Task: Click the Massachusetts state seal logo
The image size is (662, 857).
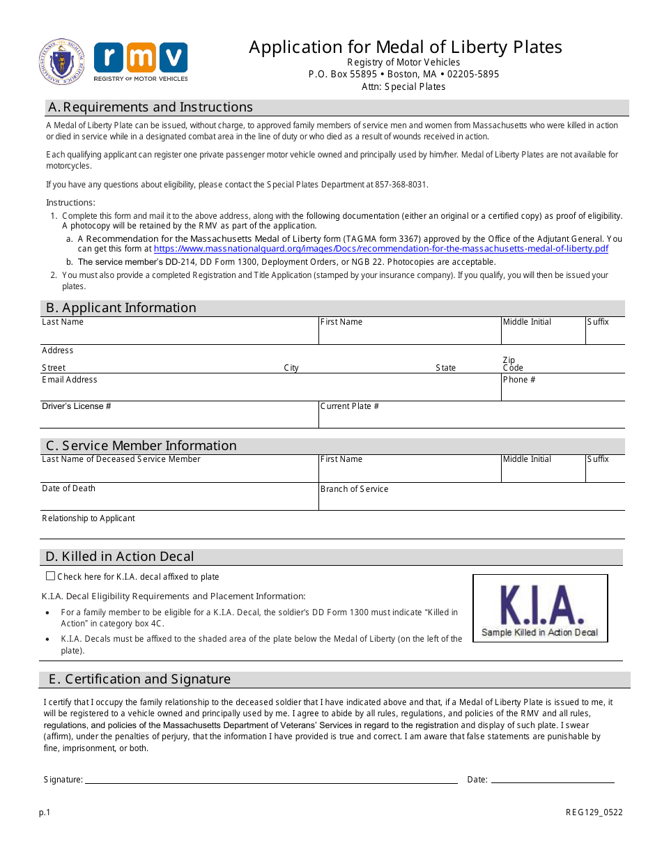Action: point(62,62)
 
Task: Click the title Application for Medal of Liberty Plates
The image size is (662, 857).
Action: point(405,47)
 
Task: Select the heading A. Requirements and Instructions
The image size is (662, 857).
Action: point(149,107)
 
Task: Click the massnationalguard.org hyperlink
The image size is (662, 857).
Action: point(380,249)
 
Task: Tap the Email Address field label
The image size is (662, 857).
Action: point(70,380)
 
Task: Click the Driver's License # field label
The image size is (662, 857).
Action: point(77,406)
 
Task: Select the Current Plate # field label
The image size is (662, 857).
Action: point(350,406)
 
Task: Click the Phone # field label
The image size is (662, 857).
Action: point(519,380)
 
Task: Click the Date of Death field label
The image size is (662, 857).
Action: point(68,488)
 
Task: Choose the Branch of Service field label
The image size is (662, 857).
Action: point(354,489)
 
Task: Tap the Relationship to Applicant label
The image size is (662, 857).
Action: point(88,518)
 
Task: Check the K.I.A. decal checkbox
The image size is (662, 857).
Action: point(50,576)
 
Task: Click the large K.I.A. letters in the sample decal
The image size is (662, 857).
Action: point(540,604)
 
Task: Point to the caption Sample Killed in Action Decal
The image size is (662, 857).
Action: point(539,633)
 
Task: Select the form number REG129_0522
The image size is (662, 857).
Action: point(594,812)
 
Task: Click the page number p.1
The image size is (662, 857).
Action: point(45,812)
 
